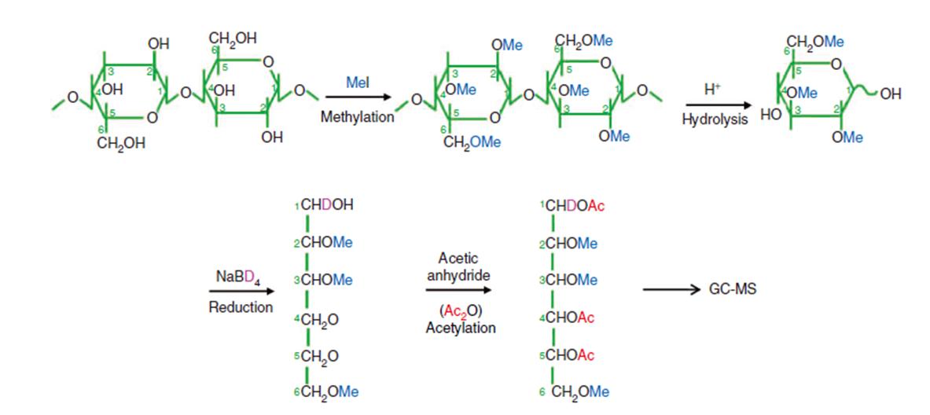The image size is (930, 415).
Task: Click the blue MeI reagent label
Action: [357, 82]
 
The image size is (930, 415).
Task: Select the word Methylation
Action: [357, 116]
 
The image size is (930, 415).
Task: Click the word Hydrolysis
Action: [714, 123]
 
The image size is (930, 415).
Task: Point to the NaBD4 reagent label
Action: [240, 277]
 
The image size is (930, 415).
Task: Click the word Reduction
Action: [240, 307]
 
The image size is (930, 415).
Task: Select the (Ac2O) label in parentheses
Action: [461, 310]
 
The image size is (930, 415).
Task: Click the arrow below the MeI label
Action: [358, 97]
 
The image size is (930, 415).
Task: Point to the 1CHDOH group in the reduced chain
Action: [322, 206]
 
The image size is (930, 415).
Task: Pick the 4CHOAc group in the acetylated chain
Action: [567, 318]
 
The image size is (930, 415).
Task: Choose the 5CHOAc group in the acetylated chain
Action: [567, 355]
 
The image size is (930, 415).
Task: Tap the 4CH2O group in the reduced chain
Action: [315, 319]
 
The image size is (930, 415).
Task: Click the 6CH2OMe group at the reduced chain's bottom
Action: [322, 392]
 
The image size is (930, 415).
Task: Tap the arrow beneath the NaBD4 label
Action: [240, 292]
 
